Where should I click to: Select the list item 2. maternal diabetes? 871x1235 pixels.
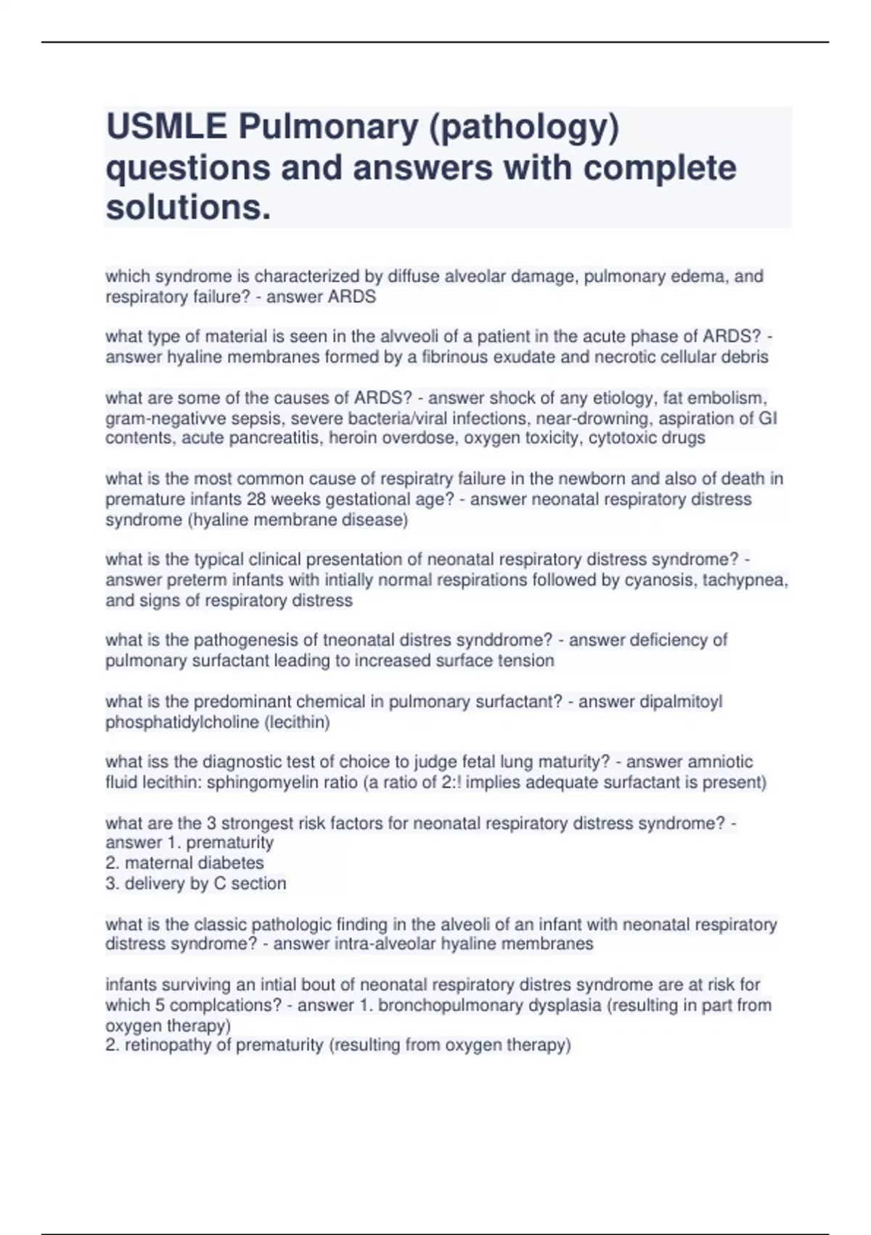pyautogui.click(x=185, y=863)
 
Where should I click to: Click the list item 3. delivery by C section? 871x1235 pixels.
pyautogui.click(x=196, y=883)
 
